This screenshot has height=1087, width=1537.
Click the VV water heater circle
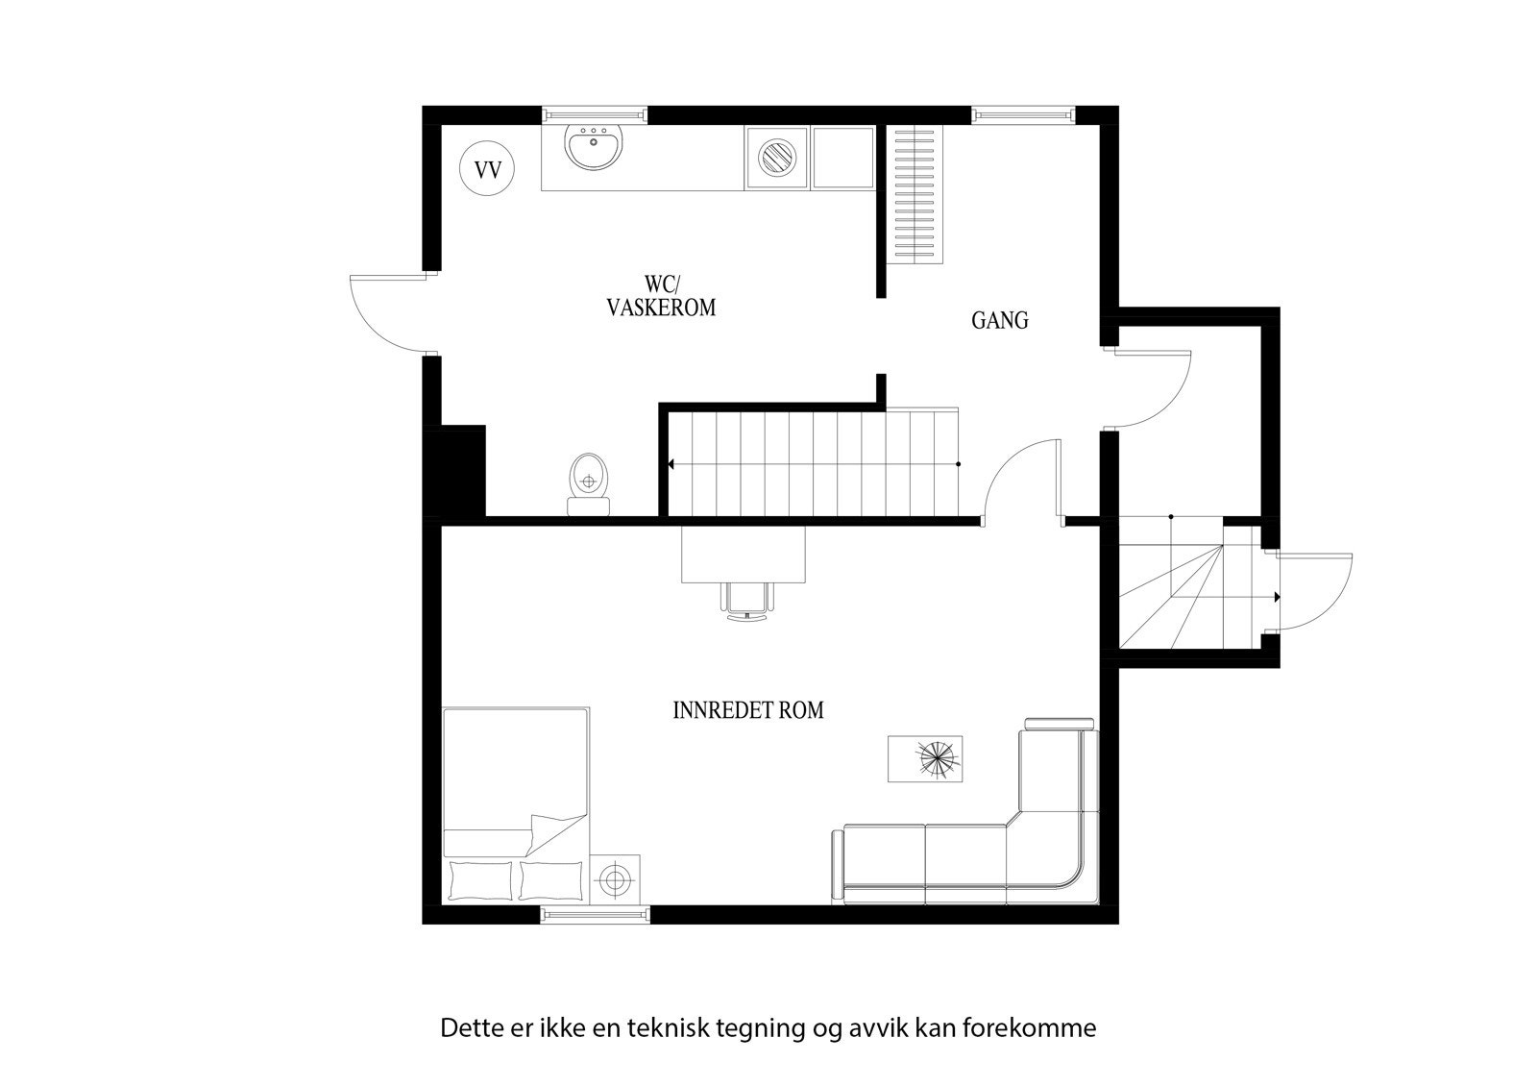488,171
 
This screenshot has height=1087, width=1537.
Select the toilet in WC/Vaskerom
588,483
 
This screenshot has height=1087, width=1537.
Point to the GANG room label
999,321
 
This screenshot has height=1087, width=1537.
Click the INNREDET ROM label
748,711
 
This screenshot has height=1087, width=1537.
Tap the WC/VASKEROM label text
661,297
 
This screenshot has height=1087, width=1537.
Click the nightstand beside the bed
615,877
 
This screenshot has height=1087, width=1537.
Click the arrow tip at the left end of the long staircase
671,464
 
